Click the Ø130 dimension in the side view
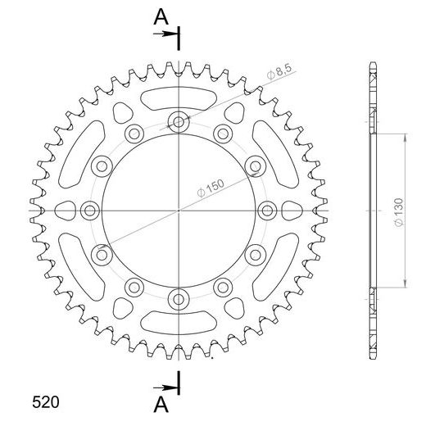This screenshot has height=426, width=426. pyautogui.click(x=397, y=211)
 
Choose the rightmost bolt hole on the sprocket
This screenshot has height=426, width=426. pyautogui.click(x=266, y=211)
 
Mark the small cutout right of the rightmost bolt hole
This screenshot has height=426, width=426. pyautogui.click(x=289, y=211)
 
